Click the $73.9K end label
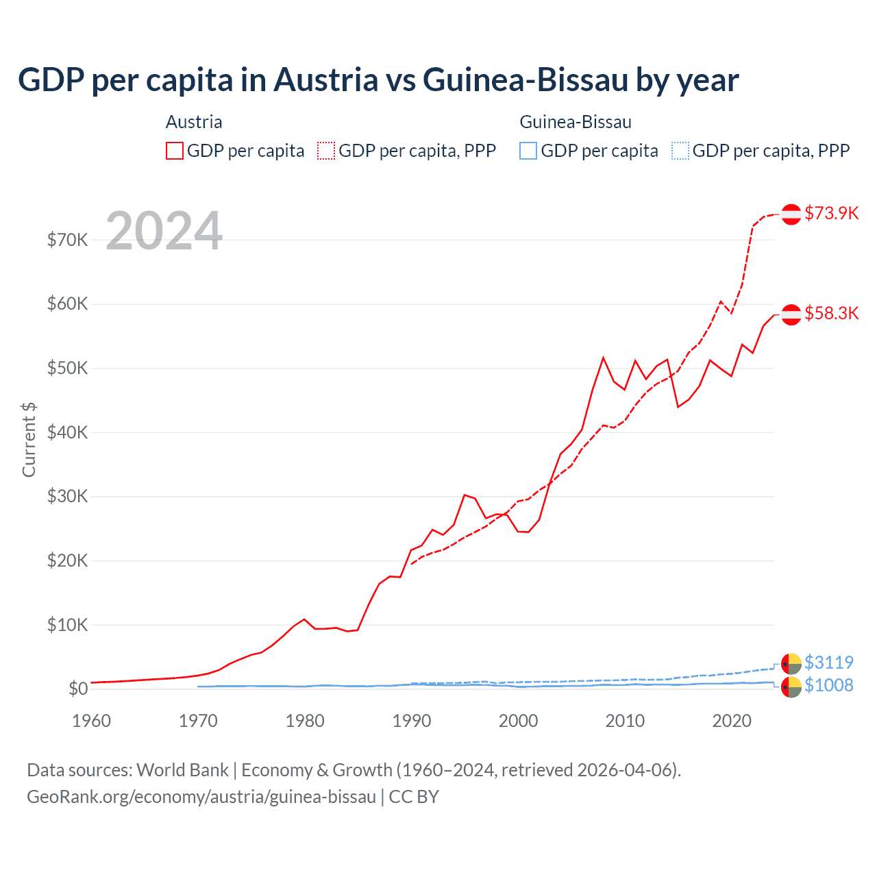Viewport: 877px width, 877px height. (x=831, y=213)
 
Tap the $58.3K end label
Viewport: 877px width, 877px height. (x=831, y=313)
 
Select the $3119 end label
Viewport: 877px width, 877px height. (x=828, y=663)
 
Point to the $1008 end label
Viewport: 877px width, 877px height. (x=828, y=685)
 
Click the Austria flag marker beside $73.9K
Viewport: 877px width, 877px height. (x=791, y=214)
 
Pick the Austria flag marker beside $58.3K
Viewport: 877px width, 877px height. (x=791, y=314)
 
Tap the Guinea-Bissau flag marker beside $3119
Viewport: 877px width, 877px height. (x=791, y=664)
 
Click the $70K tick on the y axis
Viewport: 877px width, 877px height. (x=68, y=240)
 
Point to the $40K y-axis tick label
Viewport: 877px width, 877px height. (x=68, y=432)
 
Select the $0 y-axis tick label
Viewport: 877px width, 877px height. (x=78, y=689)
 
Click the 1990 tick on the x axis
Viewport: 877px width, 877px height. (x=412, y=721)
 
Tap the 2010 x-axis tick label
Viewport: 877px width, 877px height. (x=626, y=721)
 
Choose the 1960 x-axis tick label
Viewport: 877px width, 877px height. (x=92, y=721)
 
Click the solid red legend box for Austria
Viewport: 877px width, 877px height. (x=175, y=151)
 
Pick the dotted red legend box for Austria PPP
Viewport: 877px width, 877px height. (x=326, y=151)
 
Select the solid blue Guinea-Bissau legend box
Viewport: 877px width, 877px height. (x=528, y=151)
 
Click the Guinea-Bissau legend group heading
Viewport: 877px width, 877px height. (x=576, y=122)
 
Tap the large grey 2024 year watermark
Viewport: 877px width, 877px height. (x=164, y=231)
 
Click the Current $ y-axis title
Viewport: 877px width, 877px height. (x=29, y=439)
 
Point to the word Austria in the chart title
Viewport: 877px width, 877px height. (x=326, y=79)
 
